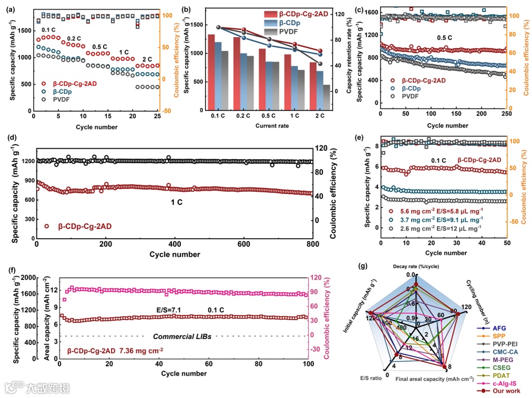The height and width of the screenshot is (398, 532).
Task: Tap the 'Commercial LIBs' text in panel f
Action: tap(182, 336)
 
